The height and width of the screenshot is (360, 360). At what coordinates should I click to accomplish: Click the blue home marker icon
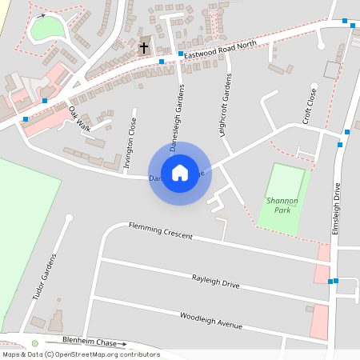tap(180, 172)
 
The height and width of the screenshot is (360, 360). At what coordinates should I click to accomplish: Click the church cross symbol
tap(144, 47)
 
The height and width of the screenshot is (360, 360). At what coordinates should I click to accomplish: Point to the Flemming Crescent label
tap(162, 230)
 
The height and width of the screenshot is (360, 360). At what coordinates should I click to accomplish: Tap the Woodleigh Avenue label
tap(210, 320)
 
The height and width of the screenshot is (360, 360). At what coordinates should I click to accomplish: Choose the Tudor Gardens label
tap(45, 277)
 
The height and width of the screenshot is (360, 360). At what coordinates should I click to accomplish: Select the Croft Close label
tap(309, 105)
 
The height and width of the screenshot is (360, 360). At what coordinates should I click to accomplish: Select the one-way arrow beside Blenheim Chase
tap(120, 344)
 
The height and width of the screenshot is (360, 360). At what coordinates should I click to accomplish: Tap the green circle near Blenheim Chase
tap(35, 344)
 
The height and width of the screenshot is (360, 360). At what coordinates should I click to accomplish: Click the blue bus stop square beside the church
tap(162, 61)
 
